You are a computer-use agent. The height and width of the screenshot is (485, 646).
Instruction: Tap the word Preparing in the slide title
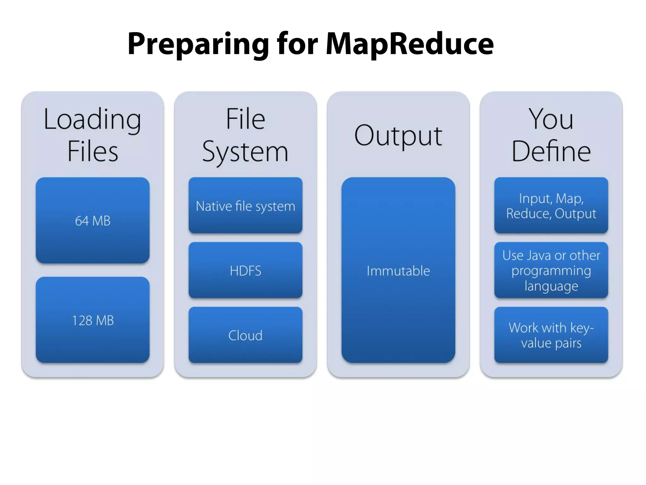tap(198, 44)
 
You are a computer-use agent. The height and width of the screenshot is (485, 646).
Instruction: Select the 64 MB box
tap(92, 220)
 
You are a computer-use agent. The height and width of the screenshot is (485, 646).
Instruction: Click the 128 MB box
tap(92, 320)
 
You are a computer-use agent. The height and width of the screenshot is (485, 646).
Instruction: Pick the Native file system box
tap(245, 206)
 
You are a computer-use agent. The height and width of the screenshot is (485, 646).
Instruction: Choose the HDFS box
tap(245, 270)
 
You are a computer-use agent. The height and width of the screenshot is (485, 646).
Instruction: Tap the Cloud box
tap(245, 335)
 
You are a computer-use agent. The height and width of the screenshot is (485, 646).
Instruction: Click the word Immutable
tap(398, 271)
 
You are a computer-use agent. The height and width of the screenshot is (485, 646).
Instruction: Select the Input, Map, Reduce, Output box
tap(551, 206)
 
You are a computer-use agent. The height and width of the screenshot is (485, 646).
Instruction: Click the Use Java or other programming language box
tap(551, 270)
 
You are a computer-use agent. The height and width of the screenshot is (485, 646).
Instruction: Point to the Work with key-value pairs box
tap(551, 335)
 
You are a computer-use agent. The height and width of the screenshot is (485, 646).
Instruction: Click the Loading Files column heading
tap(92, 135)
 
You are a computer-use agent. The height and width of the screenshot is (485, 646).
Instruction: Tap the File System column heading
tap(245, 135)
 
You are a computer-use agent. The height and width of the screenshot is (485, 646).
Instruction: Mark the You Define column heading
tap(551, 135)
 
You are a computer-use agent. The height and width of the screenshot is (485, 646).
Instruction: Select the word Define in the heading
tap(551, 151)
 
